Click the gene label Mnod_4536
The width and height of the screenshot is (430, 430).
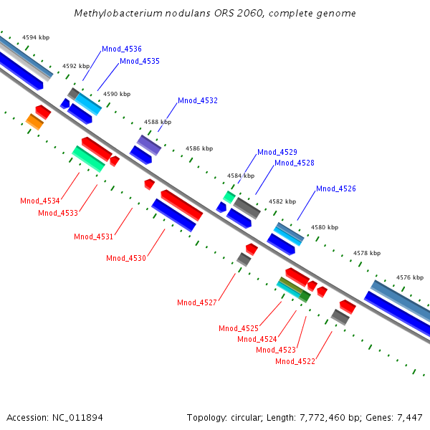(122, 49)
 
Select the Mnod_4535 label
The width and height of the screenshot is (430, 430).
(139, 61)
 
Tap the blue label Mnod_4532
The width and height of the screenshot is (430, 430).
(198, 100)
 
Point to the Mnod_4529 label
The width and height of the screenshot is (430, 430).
(277, 152)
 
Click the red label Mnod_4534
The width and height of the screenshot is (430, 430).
(40, 201)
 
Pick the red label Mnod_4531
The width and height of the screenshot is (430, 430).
(94, 236)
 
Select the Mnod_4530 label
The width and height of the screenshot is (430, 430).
(126, 258)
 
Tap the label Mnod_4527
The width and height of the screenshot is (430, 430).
(197, 302)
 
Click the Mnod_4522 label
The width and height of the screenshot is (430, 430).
(295, 361)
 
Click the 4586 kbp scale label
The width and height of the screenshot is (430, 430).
(199, 148)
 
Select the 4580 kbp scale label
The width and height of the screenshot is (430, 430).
(324, 227)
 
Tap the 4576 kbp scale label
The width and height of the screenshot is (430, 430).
(410, 277)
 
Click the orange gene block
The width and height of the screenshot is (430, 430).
(34, 122)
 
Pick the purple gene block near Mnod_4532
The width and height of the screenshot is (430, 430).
(149, 145)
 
